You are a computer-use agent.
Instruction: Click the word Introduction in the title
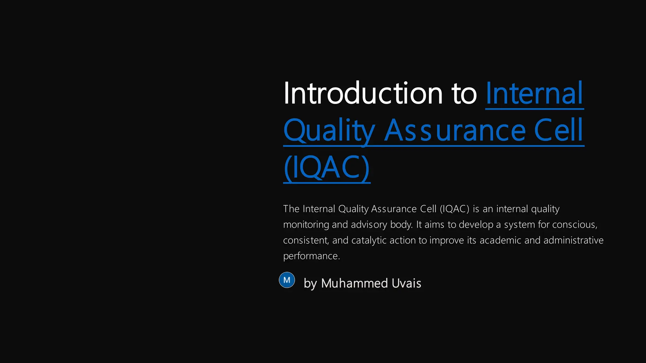tap(363, 94)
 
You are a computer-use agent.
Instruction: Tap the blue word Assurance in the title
tap(455, 131)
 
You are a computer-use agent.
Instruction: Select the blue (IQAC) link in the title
tap(326, 168)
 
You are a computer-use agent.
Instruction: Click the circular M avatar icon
tap(287, 280)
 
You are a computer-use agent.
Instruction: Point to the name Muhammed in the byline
tap(354, 283)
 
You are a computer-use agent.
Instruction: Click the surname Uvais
tap(406, 283)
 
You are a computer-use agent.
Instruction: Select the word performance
tap(311, 256)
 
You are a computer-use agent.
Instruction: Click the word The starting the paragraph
tap(291, 209)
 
